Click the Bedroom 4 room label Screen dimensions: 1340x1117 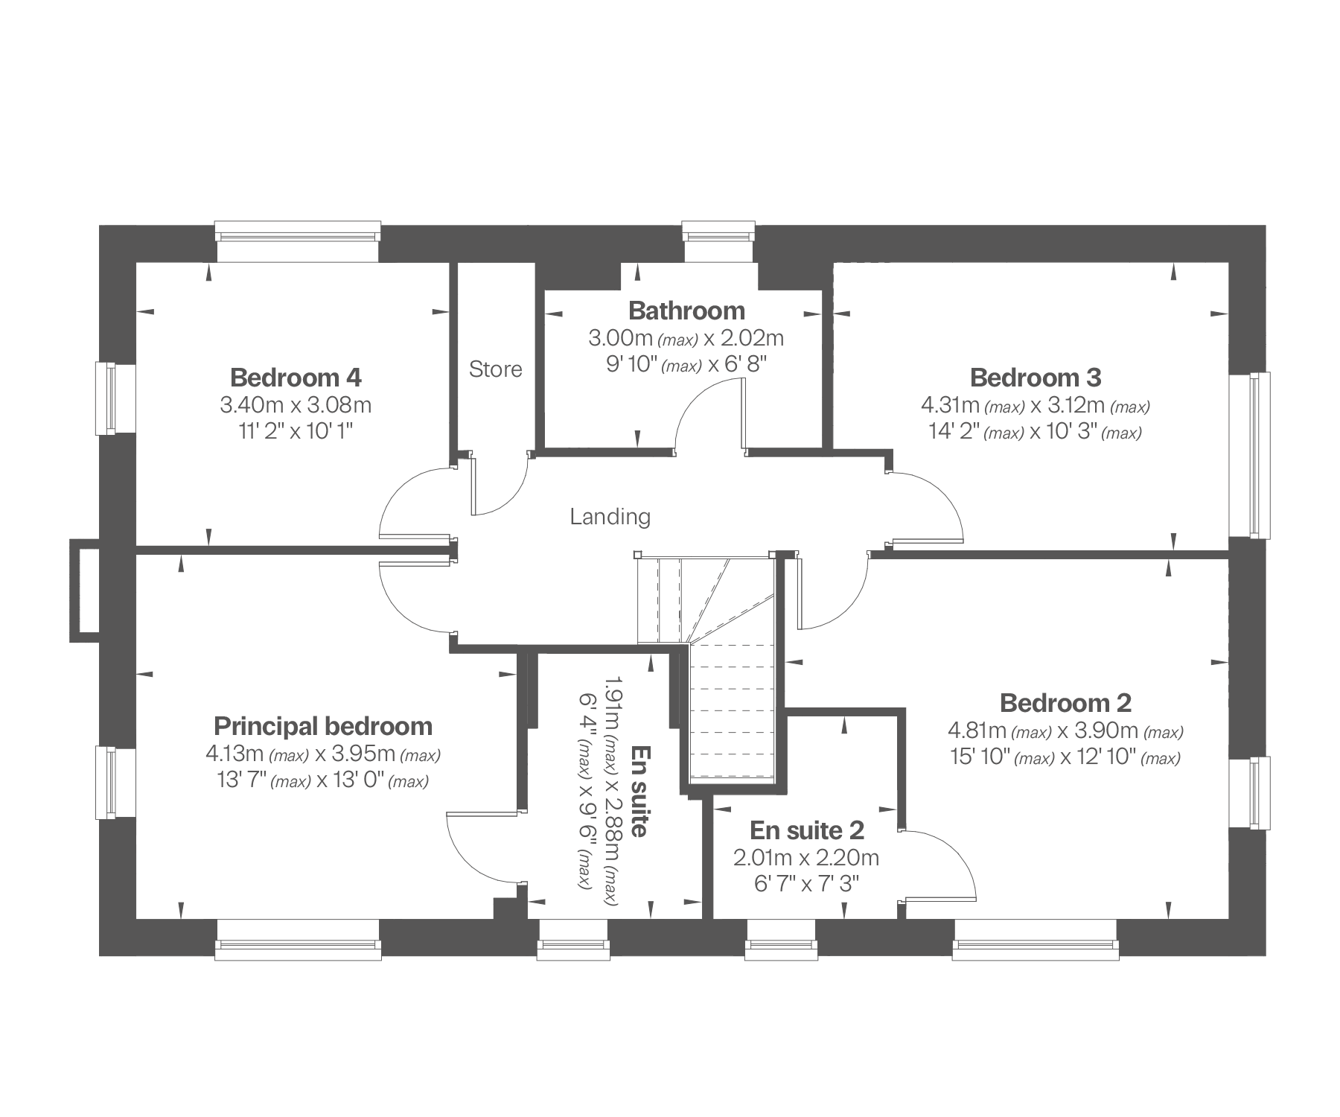(x=296, y=378)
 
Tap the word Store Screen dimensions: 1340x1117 (x=496, y=369)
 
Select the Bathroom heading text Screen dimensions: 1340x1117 (x=686, y=311)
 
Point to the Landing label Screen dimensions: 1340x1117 (x=610, y=516)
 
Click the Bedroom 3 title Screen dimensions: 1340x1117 (x=1036, y=378)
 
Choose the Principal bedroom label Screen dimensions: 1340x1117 (x=323, y=726)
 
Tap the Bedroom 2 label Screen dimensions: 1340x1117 (x=1065, y=702)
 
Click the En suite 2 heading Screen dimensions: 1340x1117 (x=807, y=830)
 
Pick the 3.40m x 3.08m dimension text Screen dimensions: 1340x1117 (x=296, y=405)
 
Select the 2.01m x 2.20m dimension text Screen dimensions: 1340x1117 (x=806, y=858)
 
